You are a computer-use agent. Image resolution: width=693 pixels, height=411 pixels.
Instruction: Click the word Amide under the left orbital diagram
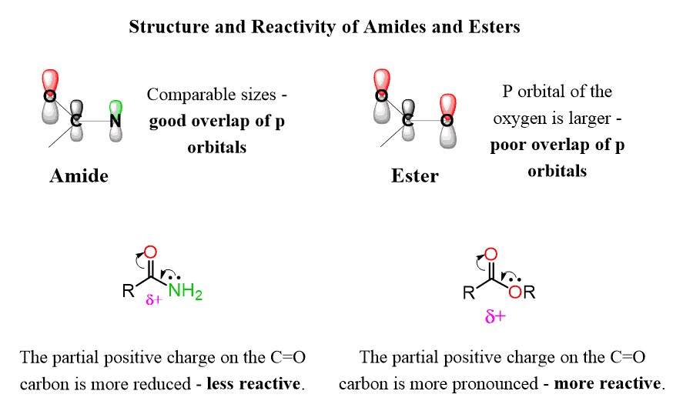pyautogui.click(x=79, y=175)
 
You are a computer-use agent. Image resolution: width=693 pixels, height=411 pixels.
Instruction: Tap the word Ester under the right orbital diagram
pyautogui.click(x=415, y=175)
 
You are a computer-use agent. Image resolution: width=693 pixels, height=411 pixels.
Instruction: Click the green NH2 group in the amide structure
pyautogui.click(x=185, y=291)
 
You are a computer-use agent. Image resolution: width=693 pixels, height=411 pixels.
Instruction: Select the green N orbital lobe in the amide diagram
pyautogui.click(x=115, y=106)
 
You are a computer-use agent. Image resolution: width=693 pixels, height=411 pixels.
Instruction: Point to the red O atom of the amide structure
pyautogui.click(x=150, y=252)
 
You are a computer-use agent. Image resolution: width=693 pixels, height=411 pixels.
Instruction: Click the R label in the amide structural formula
pyautogui.click(x=128, y=292)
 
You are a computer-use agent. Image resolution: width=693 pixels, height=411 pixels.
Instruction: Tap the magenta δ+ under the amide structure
pyautogui.click(x=154, y=300)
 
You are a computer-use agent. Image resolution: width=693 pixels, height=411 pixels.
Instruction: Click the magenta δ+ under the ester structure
pyautogui.click(x=494, y=316)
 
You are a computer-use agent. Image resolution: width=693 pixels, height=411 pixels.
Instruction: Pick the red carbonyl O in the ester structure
pyautogui.click(x=491, y=254)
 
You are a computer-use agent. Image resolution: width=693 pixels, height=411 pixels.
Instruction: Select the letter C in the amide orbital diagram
pyautogui.click(x=76, y=121)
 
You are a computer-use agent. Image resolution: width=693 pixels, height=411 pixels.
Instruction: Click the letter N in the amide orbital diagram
pyautogui.click(x=115, y=121)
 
